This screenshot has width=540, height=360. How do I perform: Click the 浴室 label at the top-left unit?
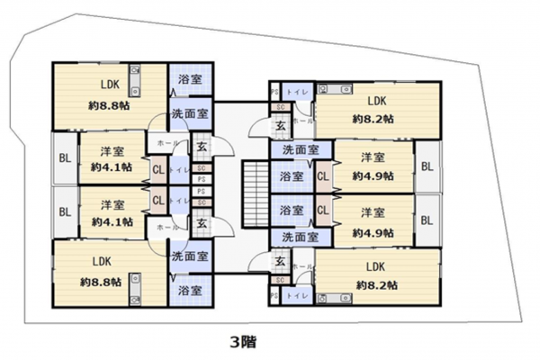click(190, 80)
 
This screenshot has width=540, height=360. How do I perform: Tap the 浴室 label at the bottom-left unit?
click(190, 291)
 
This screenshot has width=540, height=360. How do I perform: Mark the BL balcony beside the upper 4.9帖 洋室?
click(427, 167)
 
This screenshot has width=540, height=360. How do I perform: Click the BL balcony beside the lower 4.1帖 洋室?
click(65, 212)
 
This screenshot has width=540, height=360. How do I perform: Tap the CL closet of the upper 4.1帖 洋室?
click(158, 166)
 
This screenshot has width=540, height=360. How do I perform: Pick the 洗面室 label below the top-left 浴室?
click(190, 114)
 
